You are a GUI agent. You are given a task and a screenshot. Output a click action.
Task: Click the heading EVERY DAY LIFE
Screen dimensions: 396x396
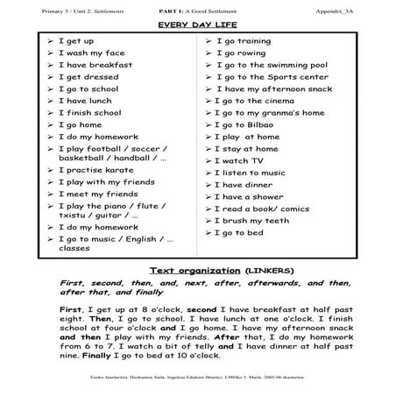[198, 26]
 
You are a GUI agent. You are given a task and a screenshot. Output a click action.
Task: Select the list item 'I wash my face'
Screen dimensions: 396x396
[91, 53]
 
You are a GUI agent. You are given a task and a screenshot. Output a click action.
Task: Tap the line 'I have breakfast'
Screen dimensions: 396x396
[95, 65]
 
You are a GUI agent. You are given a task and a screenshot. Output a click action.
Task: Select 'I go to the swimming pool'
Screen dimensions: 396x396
[272, 65]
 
